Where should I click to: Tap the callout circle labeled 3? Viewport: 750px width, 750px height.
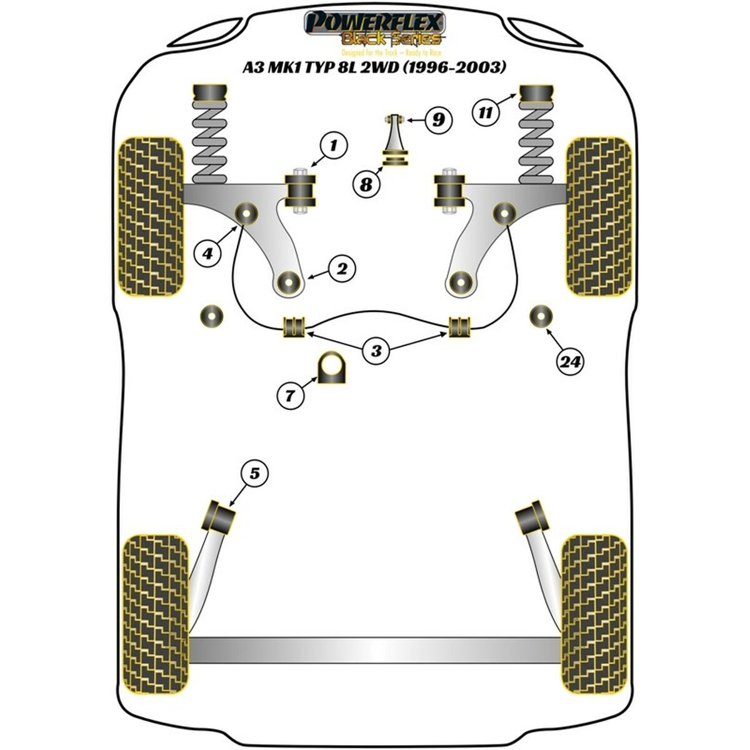376,351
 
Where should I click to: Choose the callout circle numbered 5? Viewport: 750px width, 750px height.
254,474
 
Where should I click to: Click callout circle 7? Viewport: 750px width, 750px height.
291,394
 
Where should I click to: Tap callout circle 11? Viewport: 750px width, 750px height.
486,113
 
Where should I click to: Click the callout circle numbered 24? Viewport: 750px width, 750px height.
569,361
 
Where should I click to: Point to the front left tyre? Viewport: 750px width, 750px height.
151,216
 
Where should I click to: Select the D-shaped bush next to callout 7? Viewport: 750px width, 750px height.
332,369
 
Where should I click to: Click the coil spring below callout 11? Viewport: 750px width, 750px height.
536,144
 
